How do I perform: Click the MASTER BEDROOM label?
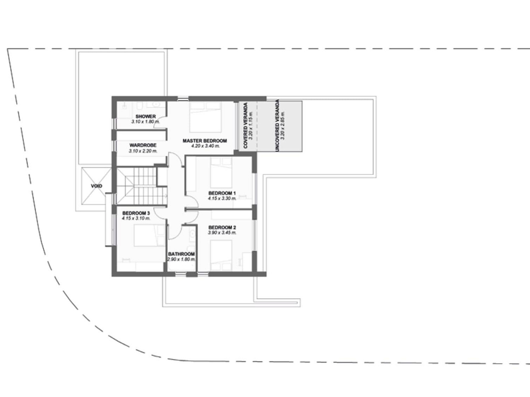pos(205,141)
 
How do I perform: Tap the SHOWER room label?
pos(145,117)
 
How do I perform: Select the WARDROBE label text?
pos(143,145)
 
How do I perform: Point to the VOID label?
pos(96,186)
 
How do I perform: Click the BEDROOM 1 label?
pos(222,193)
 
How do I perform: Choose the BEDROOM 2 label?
pos(222,227)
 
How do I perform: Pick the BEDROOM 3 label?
pos(136,213)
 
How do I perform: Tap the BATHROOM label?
pos(182,254)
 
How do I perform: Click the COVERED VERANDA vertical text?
pos(246,125)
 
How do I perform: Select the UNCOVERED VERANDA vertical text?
pos(277,125)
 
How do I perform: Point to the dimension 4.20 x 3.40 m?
pos(206,146)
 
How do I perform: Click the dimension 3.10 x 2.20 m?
pos(143,151)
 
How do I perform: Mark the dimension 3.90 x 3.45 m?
pos(222,233)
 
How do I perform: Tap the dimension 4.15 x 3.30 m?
pos(222,199)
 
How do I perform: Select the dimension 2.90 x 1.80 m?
pos(182,259)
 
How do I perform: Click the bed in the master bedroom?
pos(205,117)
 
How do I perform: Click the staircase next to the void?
pos(142,186)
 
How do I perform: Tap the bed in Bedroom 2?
pos(221,255)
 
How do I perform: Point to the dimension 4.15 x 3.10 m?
pos(136,219)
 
